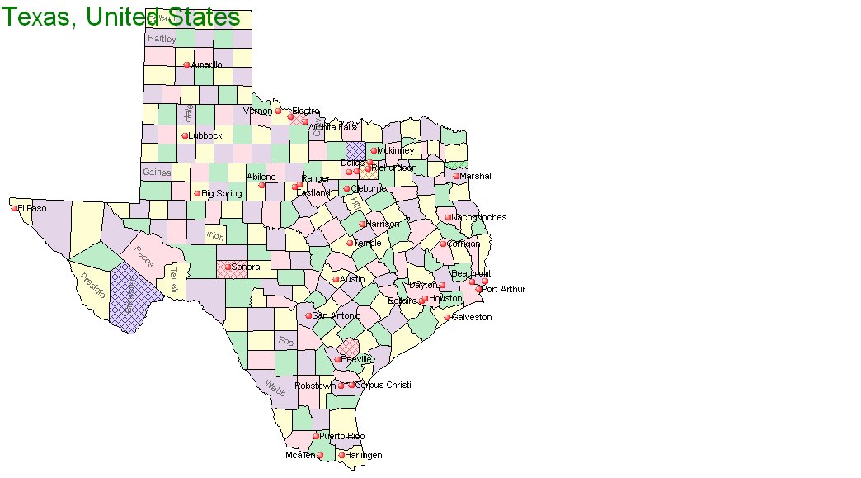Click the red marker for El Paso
click(14, 208)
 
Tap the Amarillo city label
click(206, 64)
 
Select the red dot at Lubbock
click(185, 135)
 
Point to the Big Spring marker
click(197, 194)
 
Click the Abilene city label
click(261, 177)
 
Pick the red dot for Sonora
click(228, 267)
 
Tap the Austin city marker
click(336, 279)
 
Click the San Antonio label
click(336, 315)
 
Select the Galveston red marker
click(448, 317)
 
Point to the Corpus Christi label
click(383, 385)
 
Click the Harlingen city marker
click(341, 455)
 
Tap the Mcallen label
click(300, 455)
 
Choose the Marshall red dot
click(456, 176)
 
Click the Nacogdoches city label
click(479, 217)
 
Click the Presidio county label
click(93, 282)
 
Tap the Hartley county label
click(161, 39)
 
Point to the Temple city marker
click(350, 243)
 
